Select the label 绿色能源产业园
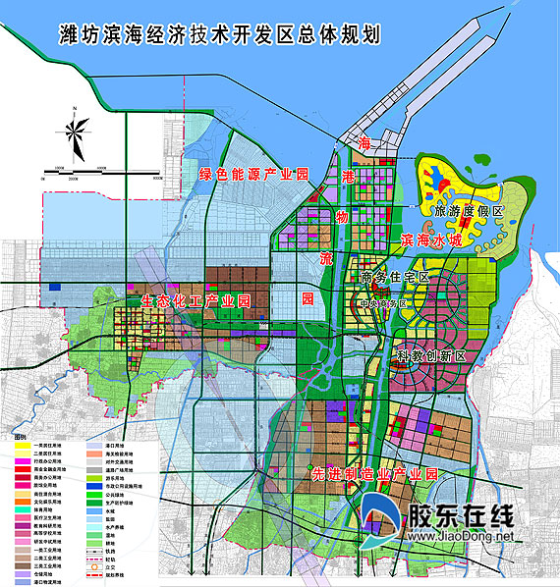point(253,174)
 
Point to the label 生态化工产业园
point(196,299)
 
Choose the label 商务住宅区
point(394,278)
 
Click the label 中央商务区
point(383,302)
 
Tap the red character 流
point(326,257)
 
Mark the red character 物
point(341,215)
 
